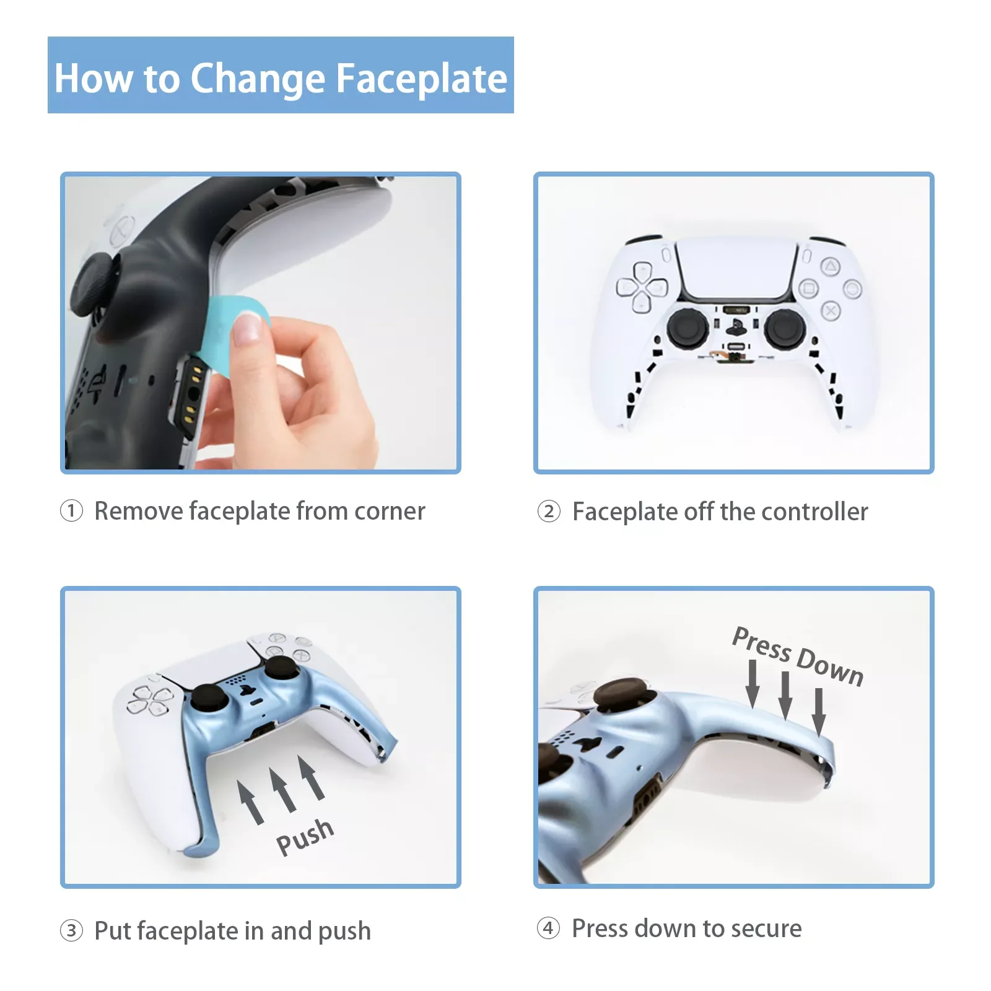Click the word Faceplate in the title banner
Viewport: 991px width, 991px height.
point(421,79)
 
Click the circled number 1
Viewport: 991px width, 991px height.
point(71,511)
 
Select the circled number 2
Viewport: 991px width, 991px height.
point(549,512)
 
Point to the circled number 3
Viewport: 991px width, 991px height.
point(71,930)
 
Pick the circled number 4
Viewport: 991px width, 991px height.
point(548,928)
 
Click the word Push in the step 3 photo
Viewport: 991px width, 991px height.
point(305,837)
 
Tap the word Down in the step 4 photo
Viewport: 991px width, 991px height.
point(830,666)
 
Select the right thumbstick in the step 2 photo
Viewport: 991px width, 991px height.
point(785,328)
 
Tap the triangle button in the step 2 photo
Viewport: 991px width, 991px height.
point(831,267)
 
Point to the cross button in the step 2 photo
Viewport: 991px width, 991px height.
point(831,310)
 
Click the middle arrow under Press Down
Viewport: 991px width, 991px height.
point(785,696)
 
